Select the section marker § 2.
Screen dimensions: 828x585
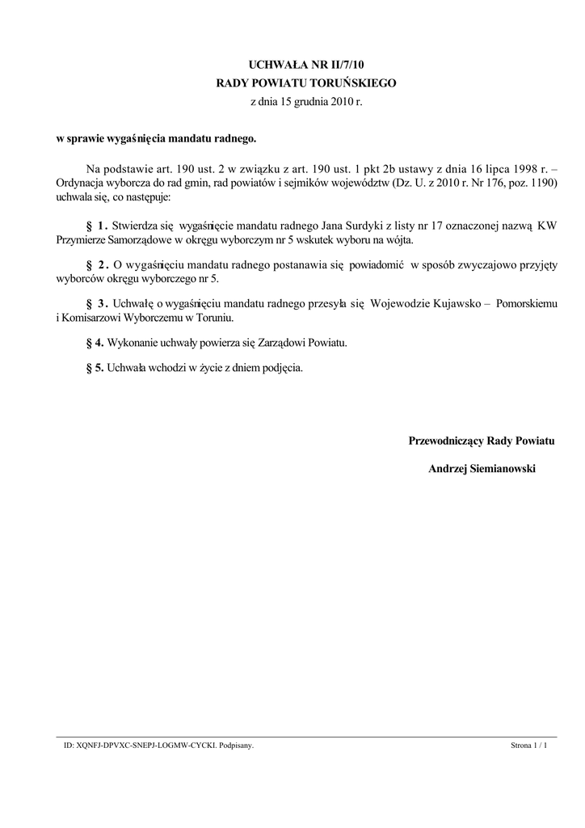(96, 264)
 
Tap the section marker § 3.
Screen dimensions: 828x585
(96, 303)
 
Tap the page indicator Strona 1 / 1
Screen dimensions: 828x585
(529, 746)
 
